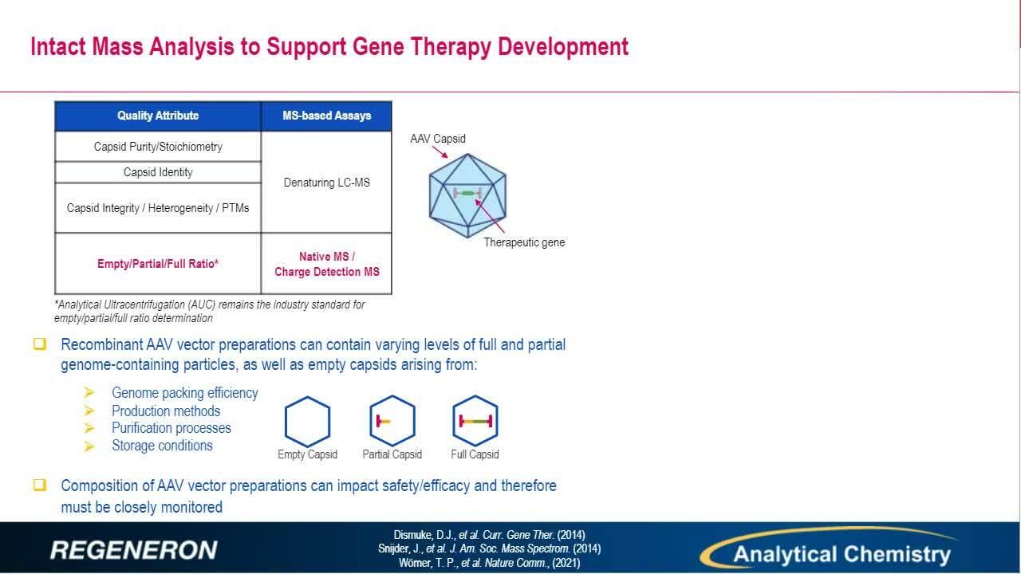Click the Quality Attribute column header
[x=158, y=116]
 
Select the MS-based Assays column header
[x=326, y=116]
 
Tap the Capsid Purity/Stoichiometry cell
[x=158, y=147]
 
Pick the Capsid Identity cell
[x=158, y=172]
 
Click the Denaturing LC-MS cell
[x=326, y=183]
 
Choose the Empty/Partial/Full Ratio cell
[x=158, y=264]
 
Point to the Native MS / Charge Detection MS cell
[x=326, y=264]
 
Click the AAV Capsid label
[x=438, y=139]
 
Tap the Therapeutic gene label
[x=524, y=242]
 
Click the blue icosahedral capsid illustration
[x=467, y=195]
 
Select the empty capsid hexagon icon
[x=307, y=422]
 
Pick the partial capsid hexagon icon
[x=392, y=421]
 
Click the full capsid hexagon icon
[x=475, y=420]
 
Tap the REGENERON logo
[x=134, y=550]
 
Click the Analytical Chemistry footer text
[x=842, y=554]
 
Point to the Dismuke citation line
[x=489, y=534]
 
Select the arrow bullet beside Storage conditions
[x=89, y=446]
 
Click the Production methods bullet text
[x=166, y=411]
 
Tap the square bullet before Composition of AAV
[x=40, y=485]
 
